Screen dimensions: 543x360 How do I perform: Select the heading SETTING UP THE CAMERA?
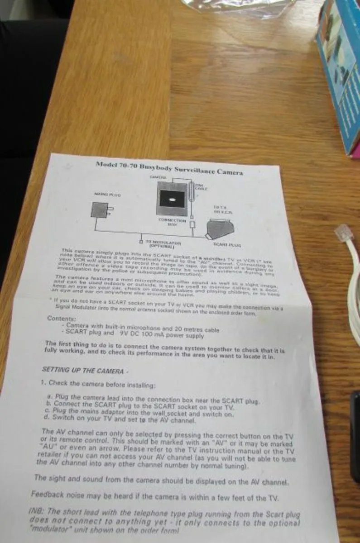82,370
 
